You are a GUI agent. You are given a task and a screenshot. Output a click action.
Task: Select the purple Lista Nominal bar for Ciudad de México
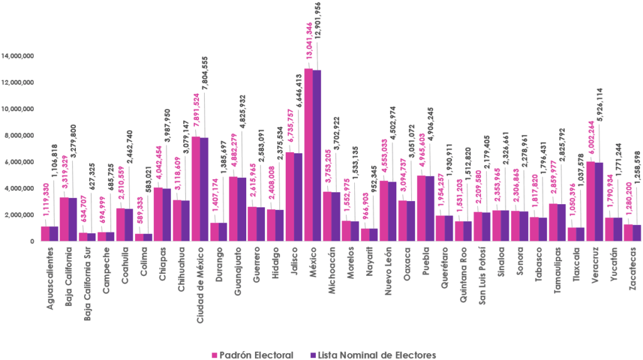(205, 189)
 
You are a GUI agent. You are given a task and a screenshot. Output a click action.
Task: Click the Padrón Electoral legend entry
(252, 354)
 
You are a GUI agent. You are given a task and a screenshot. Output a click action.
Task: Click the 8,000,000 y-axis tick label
(19, 135)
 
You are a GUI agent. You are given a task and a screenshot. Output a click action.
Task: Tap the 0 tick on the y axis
(31, 241)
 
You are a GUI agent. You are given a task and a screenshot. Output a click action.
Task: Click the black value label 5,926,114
(600, 109)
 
